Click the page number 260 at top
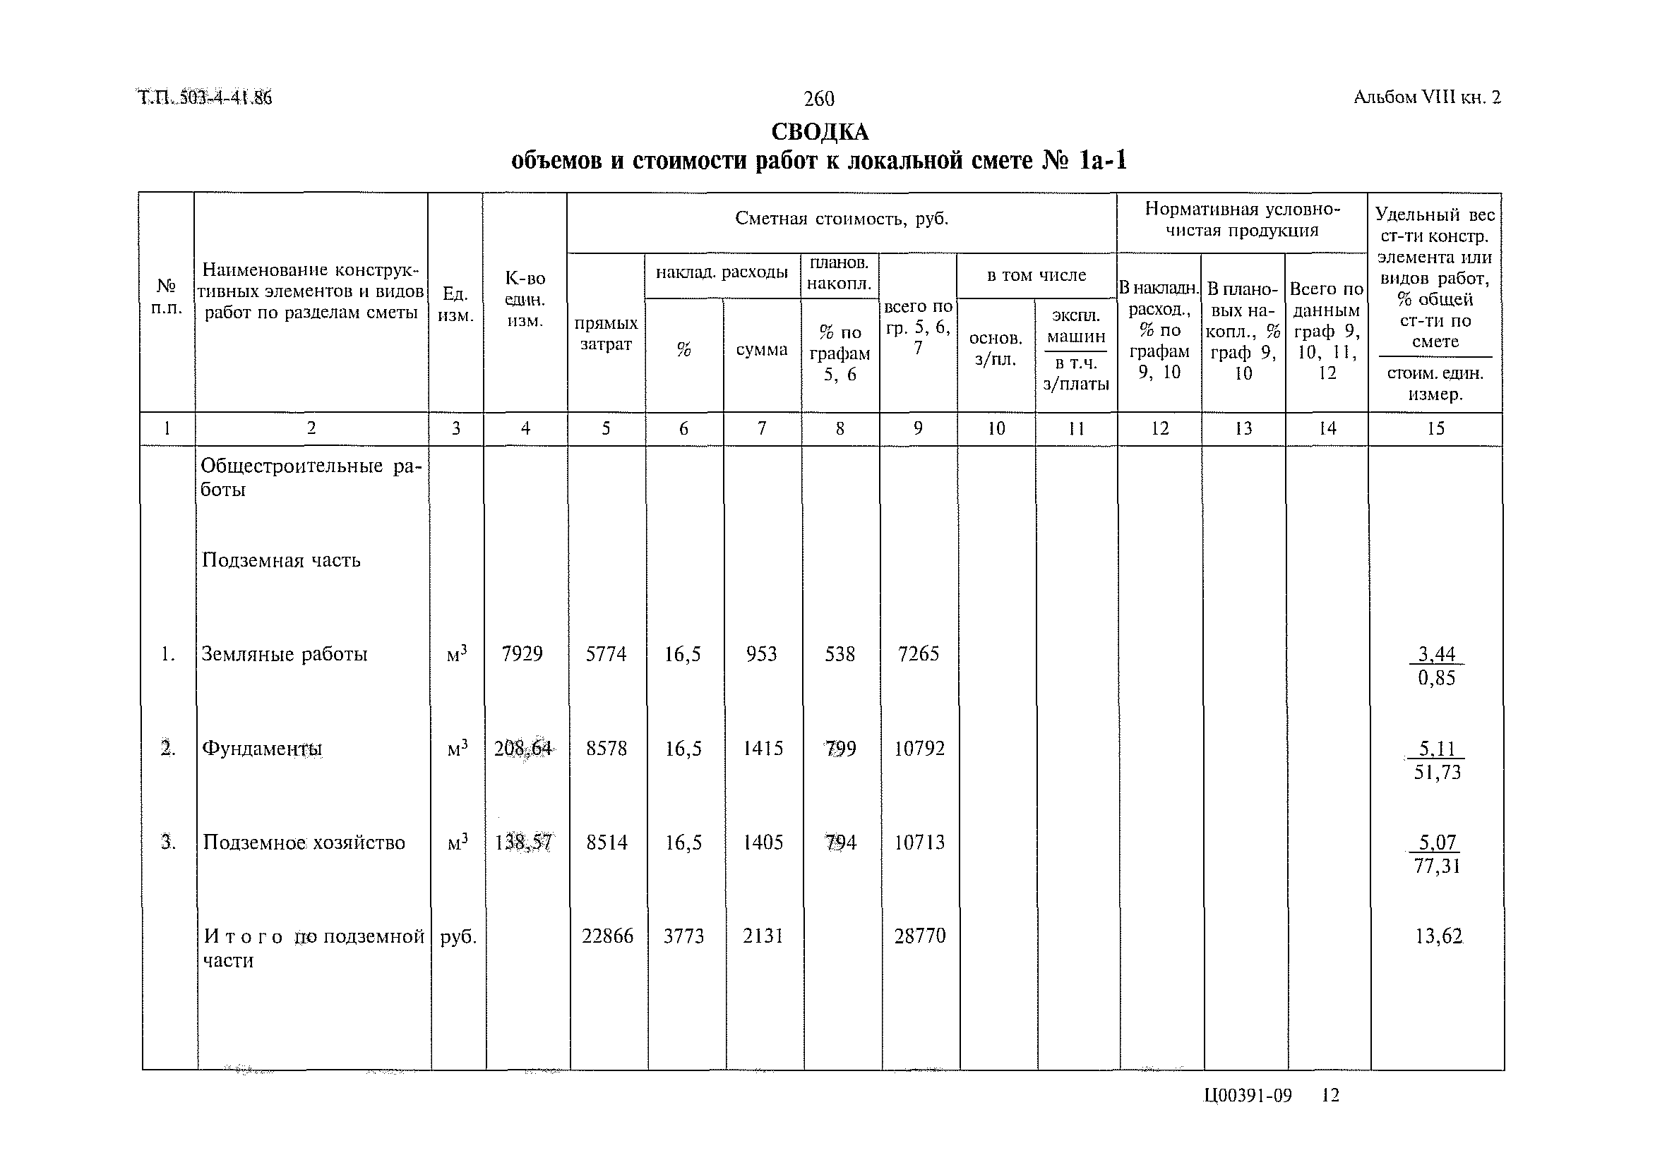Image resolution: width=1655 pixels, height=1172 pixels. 819,98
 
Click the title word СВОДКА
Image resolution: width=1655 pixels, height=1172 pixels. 820,132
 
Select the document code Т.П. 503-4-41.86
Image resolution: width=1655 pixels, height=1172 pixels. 204,97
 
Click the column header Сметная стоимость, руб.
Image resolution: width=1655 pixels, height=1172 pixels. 841,219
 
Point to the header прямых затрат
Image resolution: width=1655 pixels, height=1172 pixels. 606,334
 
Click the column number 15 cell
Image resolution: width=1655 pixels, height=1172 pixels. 1435,429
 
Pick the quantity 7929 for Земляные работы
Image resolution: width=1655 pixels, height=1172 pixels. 522,654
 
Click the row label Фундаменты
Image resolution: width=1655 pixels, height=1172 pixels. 261,749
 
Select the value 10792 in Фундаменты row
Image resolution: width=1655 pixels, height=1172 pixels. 919,749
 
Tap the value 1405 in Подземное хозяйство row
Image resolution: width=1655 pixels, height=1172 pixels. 763,842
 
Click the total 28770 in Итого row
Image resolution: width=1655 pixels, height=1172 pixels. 919,936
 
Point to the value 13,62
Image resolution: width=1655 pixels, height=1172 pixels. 1438,937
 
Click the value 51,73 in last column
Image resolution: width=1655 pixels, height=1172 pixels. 1437,773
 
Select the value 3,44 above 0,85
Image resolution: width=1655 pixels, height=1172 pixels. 1436,654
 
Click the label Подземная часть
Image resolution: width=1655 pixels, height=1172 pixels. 281,560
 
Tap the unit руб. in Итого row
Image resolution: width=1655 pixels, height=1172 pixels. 458,937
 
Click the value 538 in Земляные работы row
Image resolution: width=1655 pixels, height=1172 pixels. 840,654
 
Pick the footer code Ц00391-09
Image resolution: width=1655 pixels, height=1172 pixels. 1247,1096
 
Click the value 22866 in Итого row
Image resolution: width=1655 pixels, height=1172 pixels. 607,936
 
